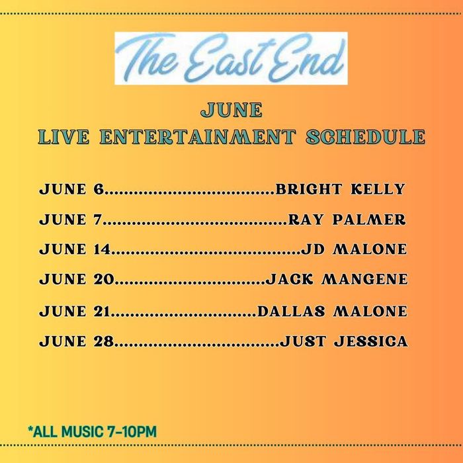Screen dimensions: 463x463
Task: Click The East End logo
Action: coord(231,58)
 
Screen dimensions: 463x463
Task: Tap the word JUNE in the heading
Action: coord(232,110)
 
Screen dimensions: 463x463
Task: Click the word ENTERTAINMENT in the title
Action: coord(198,137)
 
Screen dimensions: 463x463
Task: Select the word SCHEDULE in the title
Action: coord(366,137)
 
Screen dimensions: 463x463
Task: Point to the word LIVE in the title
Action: coord(63,137)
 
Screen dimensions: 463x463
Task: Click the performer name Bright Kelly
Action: coord(340,189)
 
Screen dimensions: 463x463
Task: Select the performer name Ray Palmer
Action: coord(347,220)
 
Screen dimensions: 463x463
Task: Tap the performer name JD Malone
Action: coord(354,249)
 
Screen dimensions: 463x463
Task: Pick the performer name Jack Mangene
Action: coord(337,279)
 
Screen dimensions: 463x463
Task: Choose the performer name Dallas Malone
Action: coord(333,312)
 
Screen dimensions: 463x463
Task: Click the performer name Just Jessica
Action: coord(344,341)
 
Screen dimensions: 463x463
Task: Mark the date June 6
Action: coord(71,189)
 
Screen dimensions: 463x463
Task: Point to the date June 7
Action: coord(70,220)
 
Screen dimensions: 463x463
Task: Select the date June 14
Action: coord(75,249)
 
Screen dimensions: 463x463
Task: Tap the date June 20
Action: coord(77,279)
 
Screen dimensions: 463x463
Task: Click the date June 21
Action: coord(75,312)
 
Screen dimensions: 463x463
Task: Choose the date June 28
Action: coord(77,341)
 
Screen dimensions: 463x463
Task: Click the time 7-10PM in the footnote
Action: coord(132,432)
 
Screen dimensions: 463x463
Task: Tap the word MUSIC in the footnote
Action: coord(83,432)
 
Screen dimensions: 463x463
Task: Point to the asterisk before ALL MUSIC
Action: coord(30,429)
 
